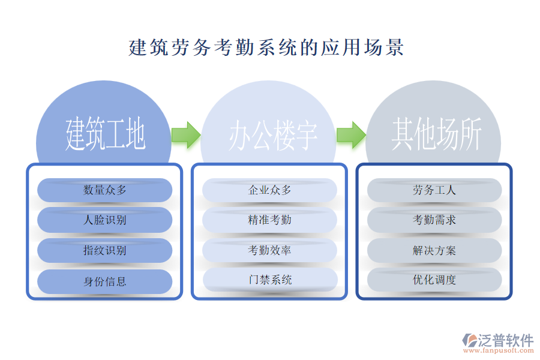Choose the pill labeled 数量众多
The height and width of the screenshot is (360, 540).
coord(105,190)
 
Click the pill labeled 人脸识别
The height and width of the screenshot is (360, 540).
coord(105,220)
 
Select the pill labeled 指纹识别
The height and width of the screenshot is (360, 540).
coord(105,250)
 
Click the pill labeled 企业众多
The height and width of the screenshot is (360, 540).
coord(269,190)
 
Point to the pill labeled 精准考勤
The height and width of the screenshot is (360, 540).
coord(269,220)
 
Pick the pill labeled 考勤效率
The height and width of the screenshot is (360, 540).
coord(269,250)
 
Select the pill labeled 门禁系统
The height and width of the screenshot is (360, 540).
coord(269,280)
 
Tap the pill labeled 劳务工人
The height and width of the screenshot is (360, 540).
coord(434,190)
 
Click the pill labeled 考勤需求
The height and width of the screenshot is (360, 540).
coord(434,220)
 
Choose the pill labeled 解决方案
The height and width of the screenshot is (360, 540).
coord(434,250)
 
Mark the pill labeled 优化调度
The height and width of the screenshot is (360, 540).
coord(434,280)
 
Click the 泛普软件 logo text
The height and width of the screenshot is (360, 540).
coord(505,340)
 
